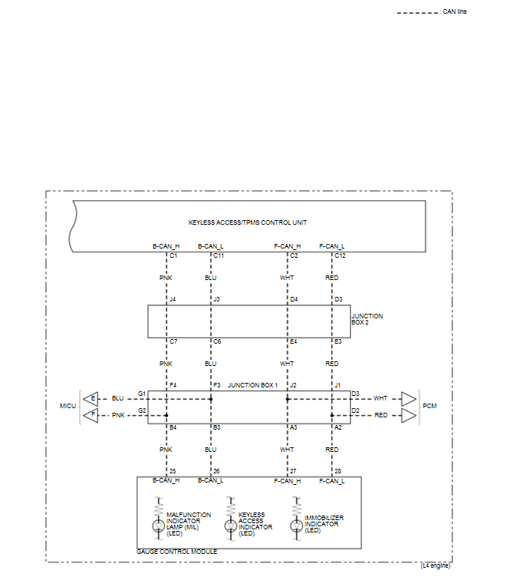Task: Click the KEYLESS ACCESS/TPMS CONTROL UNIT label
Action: click(x=248, y=222)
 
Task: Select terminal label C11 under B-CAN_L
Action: click(x=219, y=255)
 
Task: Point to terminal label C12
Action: click(x=340, y=255)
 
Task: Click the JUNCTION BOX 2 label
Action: click(x=367, y=319)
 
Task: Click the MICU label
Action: click(x=68, y=405)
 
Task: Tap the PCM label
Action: click(x=429, y=405)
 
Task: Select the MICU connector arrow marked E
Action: click(x=91, y=398)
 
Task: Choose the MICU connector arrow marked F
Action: click(x=91, y=414)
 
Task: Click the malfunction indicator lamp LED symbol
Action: click(x=160, y=526)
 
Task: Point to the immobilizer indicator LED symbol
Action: click(x=297, y=526)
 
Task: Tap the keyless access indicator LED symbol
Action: click(x=230, y=526)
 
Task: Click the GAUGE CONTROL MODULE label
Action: click(x=177, y=552)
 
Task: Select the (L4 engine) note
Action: click(x=435, y=565)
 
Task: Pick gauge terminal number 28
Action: click(x=338, y=470)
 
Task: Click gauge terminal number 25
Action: click(x=173, y=470)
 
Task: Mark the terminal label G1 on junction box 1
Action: click(x=142, y=394)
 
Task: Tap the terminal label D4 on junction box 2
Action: click(x=294, y=299)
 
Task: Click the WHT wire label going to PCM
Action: click(x=381, y=398)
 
